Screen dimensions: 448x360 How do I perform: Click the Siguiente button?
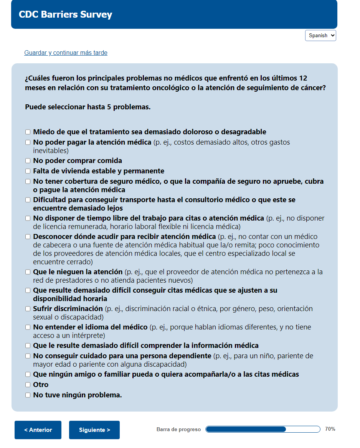pos(94,430)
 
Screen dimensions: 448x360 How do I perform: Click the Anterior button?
pos(38,430)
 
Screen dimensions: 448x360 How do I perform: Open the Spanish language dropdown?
pos(320,36)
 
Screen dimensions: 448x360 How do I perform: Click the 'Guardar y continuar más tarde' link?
pos(66,53)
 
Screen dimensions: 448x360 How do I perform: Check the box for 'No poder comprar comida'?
pos(28,161)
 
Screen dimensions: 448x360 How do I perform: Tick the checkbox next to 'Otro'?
pos(28,385)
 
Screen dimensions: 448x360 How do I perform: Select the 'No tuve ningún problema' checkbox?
pos(28,395)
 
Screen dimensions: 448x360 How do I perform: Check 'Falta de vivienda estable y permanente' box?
pos(28,171)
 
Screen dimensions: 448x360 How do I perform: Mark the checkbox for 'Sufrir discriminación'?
pos(28,309)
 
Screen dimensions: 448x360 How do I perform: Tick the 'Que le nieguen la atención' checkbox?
pos(28,272)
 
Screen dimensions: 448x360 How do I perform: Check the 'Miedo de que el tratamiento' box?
pos(28,132)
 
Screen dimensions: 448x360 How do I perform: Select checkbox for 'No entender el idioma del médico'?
pos(28,327)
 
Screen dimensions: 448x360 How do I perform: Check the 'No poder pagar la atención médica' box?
pos(28,142)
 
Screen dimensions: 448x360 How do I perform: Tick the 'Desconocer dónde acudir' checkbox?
pos(28,237)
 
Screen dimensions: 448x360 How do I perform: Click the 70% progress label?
pos(330,429)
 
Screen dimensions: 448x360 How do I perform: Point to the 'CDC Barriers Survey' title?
pos(66,15)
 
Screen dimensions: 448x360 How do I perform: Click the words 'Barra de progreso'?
pos(178,430)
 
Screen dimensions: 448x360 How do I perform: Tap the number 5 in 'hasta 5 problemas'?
pos(109,107)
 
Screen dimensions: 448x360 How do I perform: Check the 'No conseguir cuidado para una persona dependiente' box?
pos(28,356)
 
